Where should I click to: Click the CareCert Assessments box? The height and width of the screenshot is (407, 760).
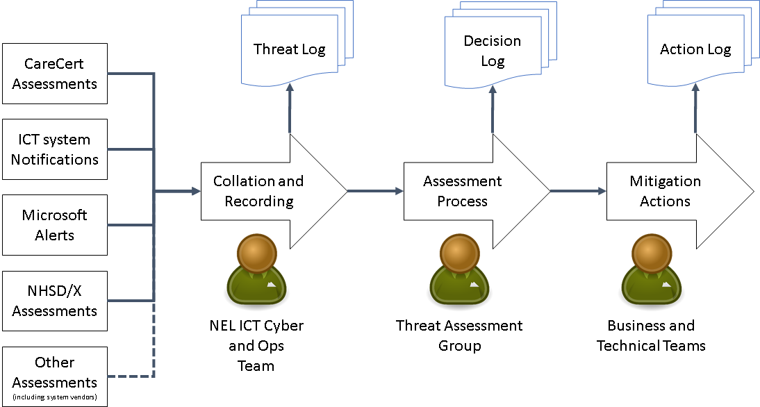[x=55, y=74]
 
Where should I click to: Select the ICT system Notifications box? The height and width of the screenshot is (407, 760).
[x=55, y=149]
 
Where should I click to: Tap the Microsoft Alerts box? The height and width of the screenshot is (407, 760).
[x=55, y=225]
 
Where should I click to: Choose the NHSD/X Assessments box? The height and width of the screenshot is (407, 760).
[x=55, y=301]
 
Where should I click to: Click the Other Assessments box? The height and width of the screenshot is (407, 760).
[x=55, y=372]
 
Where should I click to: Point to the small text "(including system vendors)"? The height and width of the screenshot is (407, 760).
[x=55, y=397]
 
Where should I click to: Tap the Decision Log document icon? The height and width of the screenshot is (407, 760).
[x=493, y=51]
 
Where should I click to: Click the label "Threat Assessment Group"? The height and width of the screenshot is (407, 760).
[x=459, y=335]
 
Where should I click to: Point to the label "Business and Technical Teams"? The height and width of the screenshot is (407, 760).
[x=651, y=335]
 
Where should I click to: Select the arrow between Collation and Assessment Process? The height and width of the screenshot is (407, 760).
[x=374, y=191]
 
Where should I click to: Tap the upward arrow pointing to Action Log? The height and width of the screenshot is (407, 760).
[x=696, y=111]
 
